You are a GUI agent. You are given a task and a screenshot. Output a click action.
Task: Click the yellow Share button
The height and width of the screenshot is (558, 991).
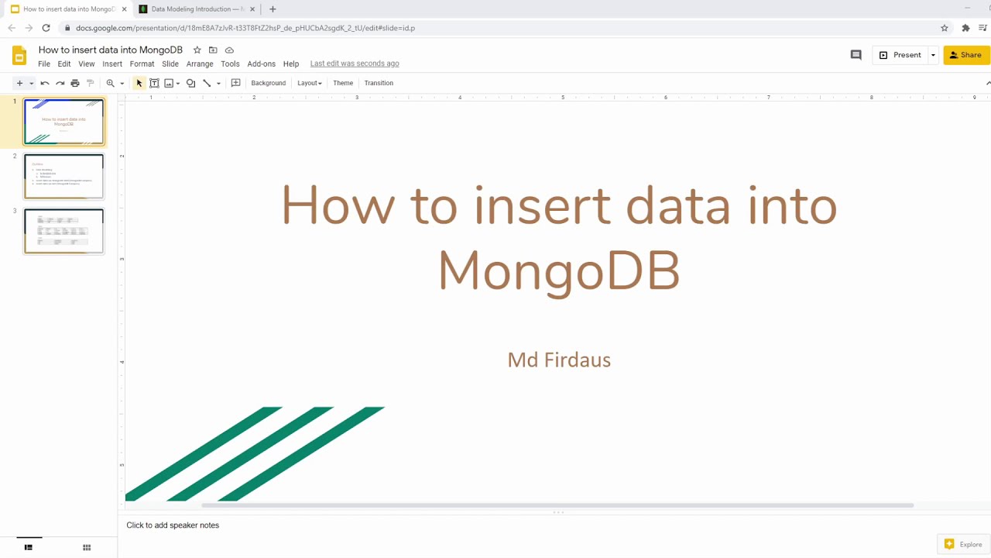click(965, 55)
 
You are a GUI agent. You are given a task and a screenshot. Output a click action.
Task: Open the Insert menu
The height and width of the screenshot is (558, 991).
click(112, 64)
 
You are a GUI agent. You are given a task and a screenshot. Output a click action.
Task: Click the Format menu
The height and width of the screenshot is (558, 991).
click(142, 64)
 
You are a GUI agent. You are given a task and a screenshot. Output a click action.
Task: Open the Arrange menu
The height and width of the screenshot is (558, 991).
click(200, 64)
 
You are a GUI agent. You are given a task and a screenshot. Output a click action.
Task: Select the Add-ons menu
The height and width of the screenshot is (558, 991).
click(261, 64)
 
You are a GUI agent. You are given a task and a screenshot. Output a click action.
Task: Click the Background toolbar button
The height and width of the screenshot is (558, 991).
click(268, 83)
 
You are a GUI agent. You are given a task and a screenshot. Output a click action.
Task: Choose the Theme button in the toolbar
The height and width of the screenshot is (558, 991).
click(343, 83)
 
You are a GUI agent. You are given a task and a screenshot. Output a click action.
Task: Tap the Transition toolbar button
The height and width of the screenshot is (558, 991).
click(379, 83)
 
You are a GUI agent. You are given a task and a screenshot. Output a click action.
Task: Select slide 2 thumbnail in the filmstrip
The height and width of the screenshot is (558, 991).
click(63, 176)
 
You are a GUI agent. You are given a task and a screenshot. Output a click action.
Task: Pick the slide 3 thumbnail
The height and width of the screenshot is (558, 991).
click(63, 231)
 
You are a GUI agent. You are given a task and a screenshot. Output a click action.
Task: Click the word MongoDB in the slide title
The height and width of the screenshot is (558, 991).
click(558, 270)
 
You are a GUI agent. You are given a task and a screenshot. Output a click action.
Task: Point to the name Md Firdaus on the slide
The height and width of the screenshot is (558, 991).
click(559, 360)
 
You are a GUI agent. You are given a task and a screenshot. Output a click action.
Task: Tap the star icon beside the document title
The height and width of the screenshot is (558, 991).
click(197, 50)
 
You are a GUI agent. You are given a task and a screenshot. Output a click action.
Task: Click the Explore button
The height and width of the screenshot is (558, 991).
click(963, 545)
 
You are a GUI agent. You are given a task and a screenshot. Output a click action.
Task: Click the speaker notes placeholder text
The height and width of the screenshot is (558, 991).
click(173, 525)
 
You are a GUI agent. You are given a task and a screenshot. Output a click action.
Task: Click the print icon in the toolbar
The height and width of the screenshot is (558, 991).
click(75, 83)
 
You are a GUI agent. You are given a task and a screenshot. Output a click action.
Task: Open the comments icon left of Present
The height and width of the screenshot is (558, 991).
click(856, 55)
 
